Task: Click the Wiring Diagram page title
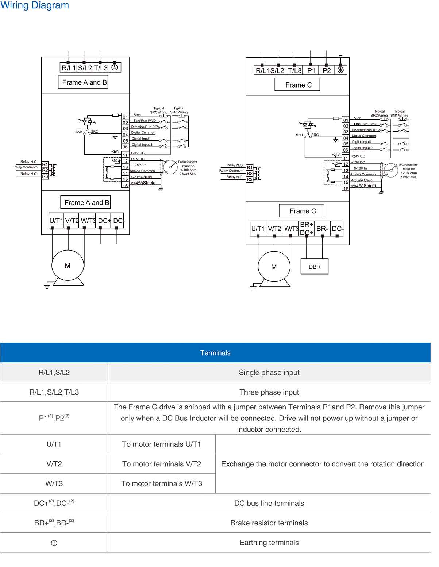35,5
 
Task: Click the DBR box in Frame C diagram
314,267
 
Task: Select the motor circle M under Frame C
274,267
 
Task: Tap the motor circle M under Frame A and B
68,266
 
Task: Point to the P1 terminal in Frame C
311,70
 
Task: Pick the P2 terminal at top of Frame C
327,70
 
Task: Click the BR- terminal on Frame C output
322,229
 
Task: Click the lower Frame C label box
302,211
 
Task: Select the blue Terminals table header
215,353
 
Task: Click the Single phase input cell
269,372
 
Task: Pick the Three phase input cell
269,392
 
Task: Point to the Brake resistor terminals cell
269,523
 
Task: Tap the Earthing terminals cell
269,543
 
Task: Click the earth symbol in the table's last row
54,543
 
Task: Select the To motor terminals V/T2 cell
162,464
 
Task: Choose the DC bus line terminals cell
269,503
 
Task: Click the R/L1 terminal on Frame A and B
68,68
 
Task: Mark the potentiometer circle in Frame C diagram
390,170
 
